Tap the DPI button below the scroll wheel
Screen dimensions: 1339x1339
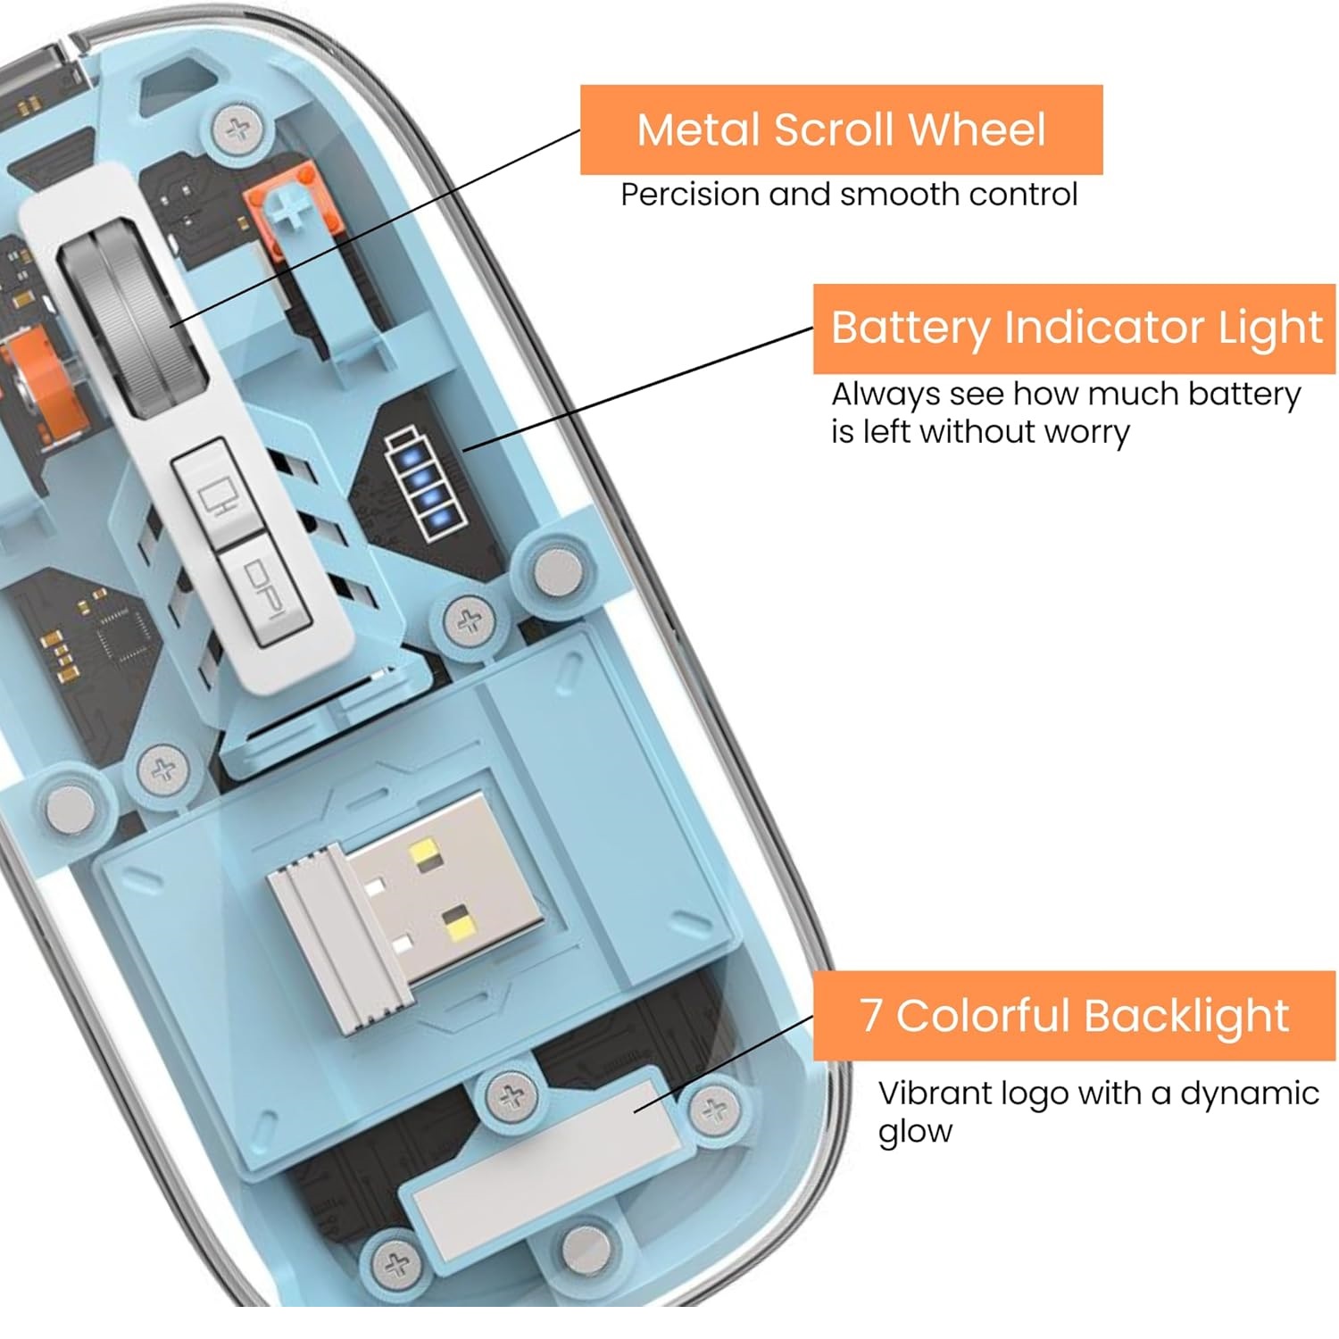pos(264,589)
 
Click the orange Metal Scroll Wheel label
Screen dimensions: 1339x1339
pos(841,129)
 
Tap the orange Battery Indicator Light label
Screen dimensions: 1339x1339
pos(1074,328)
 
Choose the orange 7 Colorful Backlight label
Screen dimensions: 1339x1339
pos(1074,1016)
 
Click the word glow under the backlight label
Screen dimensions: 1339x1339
pos(915,1131)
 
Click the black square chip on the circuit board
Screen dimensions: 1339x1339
pos(123,636)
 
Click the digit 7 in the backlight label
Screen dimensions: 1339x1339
pos(870,1016)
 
